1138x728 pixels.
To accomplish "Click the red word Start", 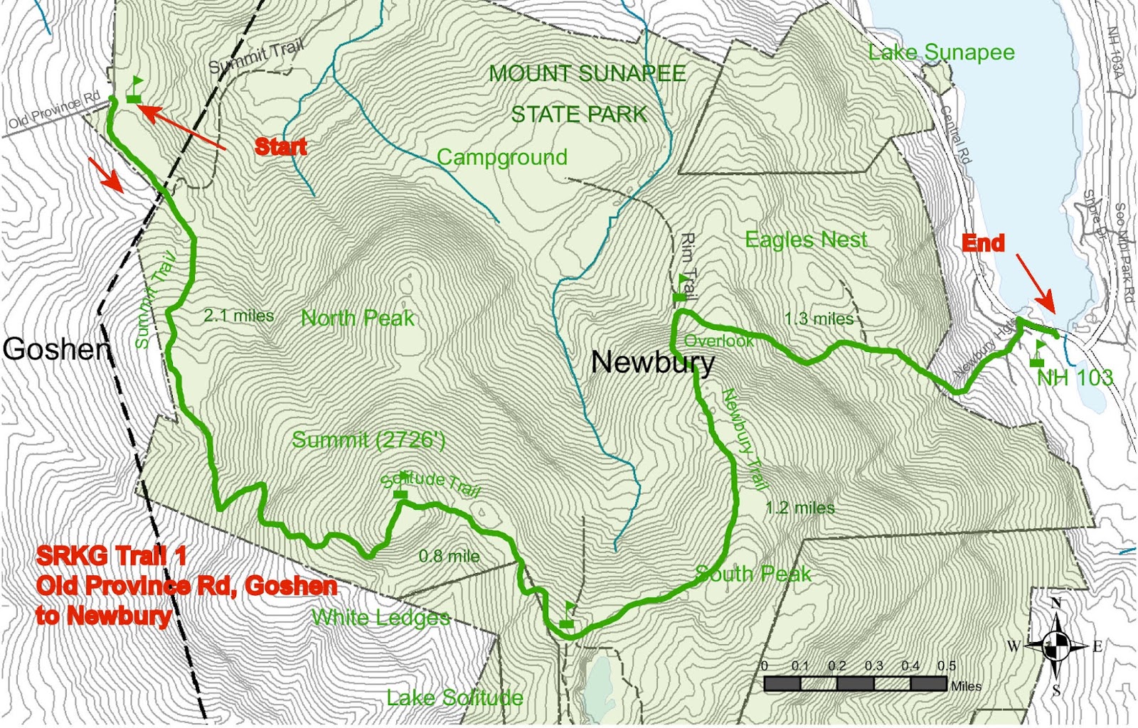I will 281,146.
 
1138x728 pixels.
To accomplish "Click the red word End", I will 983,243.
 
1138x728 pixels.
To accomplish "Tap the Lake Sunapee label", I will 941,53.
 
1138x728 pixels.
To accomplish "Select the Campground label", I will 501,158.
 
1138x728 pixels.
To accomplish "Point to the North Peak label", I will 357,318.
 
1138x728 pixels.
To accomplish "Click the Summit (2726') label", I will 368,440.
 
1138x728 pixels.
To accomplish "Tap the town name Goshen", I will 57,349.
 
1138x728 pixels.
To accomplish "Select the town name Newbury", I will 652,363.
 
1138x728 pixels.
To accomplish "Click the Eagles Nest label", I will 806,240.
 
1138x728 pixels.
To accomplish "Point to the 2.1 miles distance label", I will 238,316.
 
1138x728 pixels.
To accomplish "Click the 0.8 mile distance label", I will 449,556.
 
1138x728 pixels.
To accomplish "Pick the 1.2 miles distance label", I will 799,508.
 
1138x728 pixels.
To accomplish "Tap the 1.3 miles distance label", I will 819,319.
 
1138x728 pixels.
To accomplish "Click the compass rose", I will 1056,646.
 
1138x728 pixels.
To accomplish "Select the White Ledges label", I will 381,617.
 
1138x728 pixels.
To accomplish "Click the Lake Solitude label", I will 454,697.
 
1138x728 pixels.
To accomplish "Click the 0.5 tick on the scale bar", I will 946,666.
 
